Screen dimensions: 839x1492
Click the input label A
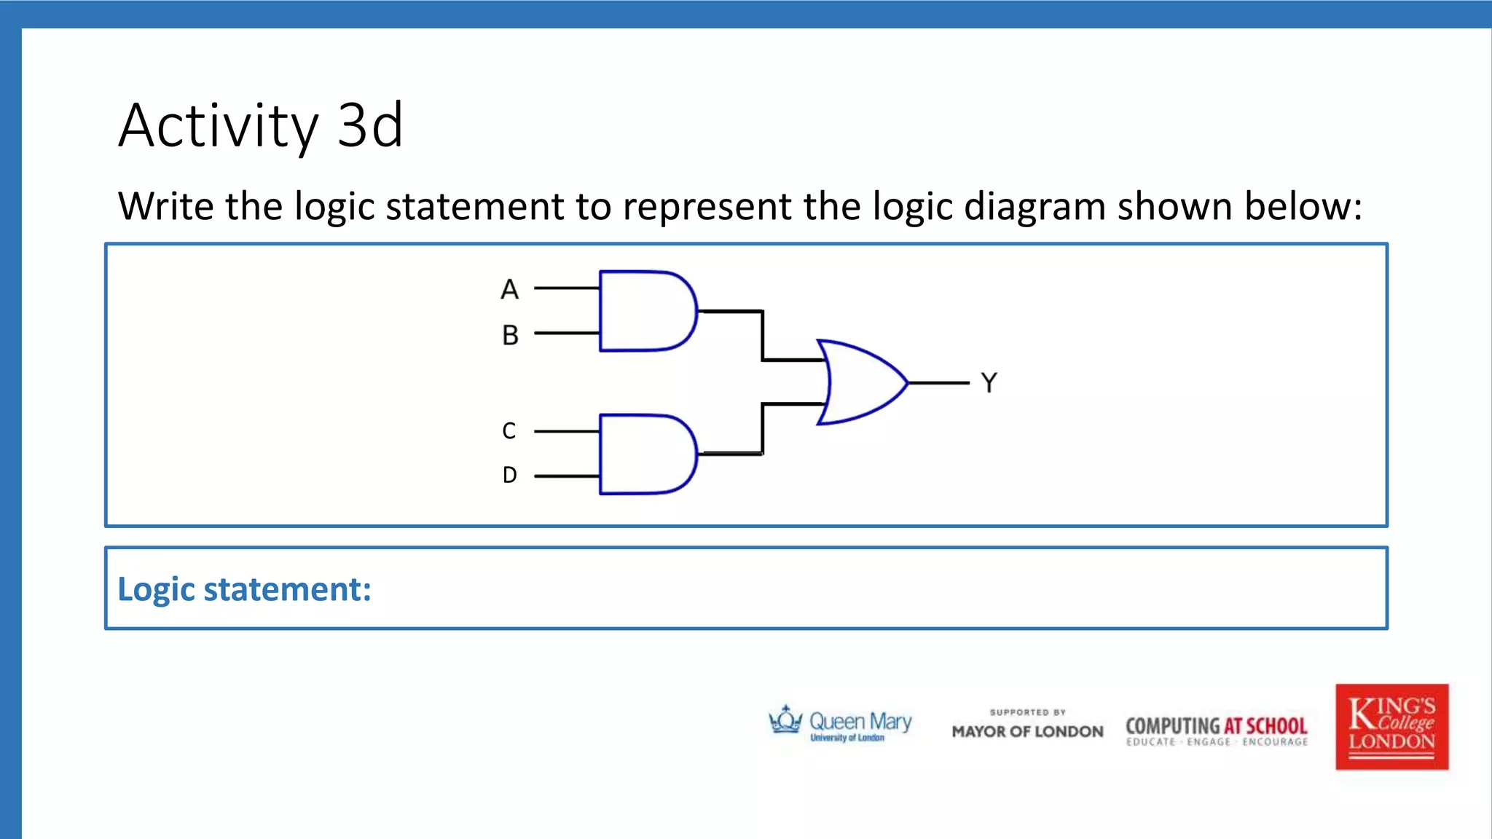(509, 290)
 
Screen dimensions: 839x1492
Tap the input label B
(510, 335)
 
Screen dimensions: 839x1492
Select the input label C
(509, 431)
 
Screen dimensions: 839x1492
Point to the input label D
(509, 475)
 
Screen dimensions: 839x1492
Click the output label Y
(989, 382)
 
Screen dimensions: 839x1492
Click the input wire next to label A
(566, 288)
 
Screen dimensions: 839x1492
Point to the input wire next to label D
(566, 476)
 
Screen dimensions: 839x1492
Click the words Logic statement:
(244, 589)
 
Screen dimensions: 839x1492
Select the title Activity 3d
(260, 125)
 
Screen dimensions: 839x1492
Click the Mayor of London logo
(1027, 725)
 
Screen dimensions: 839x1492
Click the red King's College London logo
(1391, 726)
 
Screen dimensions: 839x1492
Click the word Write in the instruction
(166, 206)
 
